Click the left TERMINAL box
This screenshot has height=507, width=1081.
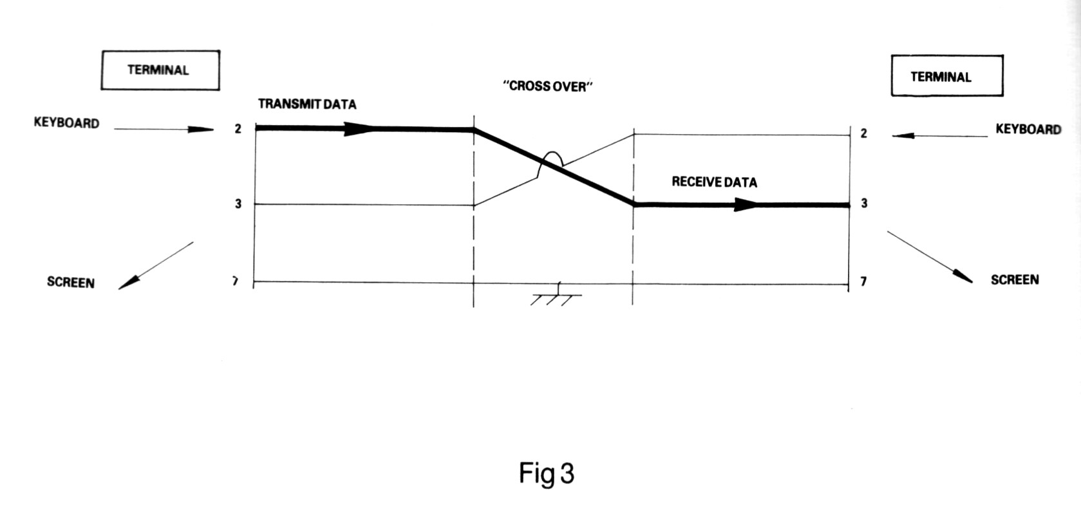point(160,70)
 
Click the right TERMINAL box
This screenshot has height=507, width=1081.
point(946,76)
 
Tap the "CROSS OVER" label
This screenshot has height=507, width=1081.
point(547,86)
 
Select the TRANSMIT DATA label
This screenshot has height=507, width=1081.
point(307,104)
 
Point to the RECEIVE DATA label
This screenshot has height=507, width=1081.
point(714,182)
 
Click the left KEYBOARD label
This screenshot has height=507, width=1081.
point(66,123)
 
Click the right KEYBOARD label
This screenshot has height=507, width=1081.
point(1028,129)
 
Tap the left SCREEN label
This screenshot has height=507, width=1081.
point(71,282)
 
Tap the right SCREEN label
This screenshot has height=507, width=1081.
point(1014,280)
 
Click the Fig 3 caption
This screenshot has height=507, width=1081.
point(546,474)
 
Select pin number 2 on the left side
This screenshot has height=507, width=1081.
point(238,129)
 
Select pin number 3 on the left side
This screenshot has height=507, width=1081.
point(238,204)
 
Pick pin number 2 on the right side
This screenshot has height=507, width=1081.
point(863,133)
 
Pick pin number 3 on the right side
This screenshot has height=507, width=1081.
point(864,204)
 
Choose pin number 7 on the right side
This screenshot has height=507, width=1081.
point(863,282)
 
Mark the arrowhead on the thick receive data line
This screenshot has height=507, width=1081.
point(747,205)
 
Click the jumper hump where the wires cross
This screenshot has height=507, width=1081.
point(551,157)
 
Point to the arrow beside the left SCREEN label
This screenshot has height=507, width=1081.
point(155,265)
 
